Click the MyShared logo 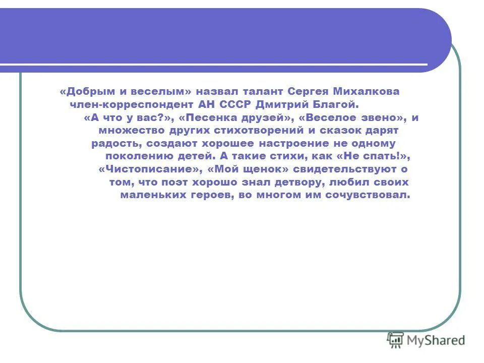[426, 340]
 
